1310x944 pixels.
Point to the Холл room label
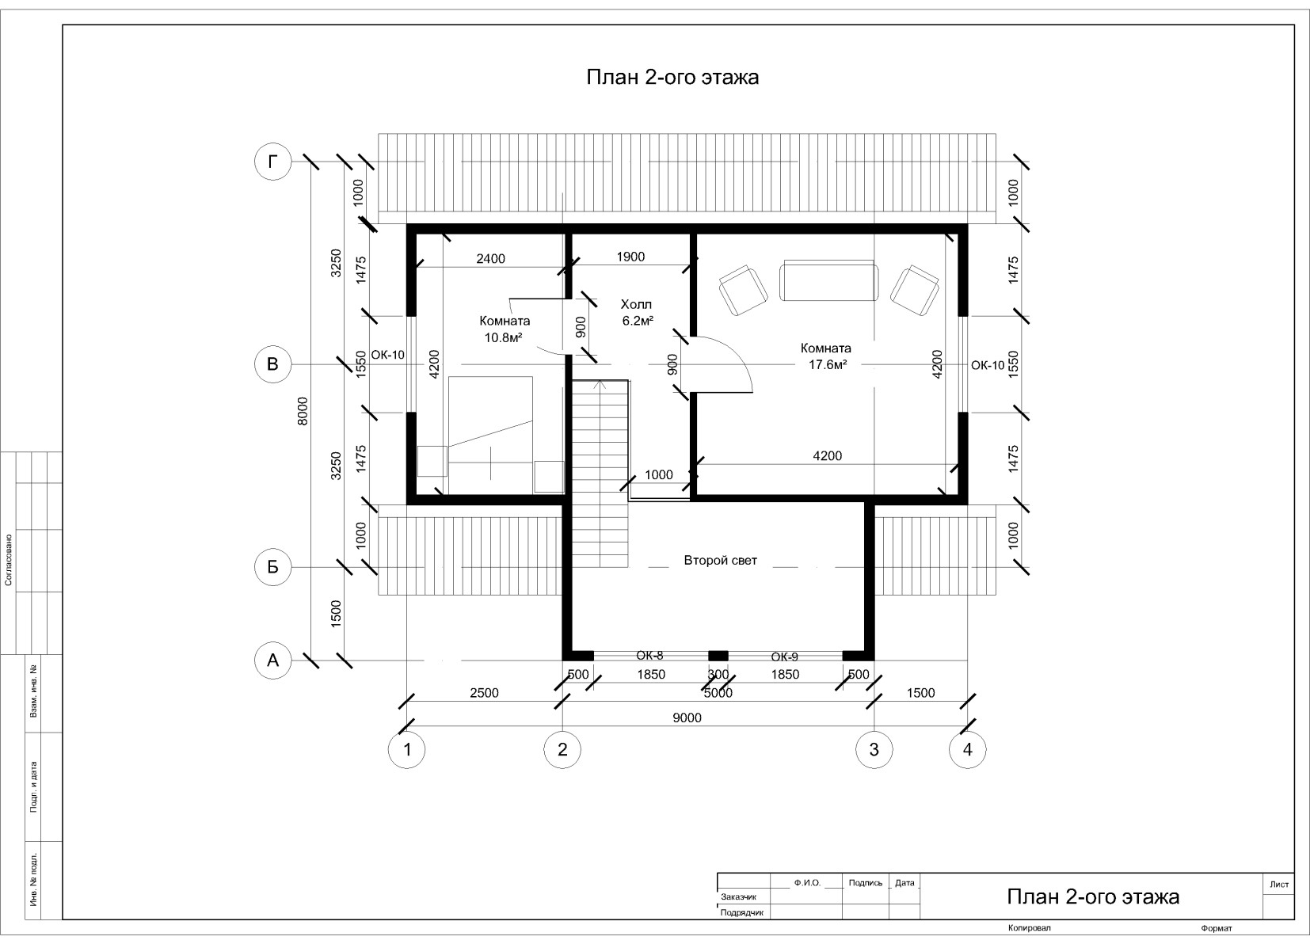(636, 304)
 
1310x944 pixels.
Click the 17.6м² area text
(828, 365)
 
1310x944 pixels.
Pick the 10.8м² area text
(503, 337)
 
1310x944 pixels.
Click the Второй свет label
(721, 561)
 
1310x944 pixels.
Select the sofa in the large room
(828, 280)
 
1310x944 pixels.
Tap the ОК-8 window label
(649, 656)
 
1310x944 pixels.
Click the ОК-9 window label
(784, 657)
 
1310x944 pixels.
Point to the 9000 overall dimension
(687, 718)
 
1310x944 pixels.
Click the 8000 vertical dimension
(303, 410)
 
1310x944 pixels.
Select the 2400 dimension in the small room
(491, 258)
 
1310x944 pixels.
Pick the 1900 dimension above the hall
(630, 257)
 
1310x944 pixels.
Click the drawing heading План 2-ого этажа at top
(672, 77)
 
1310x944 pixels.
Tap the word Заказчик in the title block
(739, 896)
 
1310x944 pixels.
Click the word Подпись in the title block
(865, 882)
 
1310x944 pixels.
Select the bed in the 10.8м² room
(490, 435)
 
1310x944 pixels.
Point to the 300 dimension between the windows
(718, 675)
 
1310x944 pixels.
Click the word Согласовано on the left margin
(8, 560)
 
